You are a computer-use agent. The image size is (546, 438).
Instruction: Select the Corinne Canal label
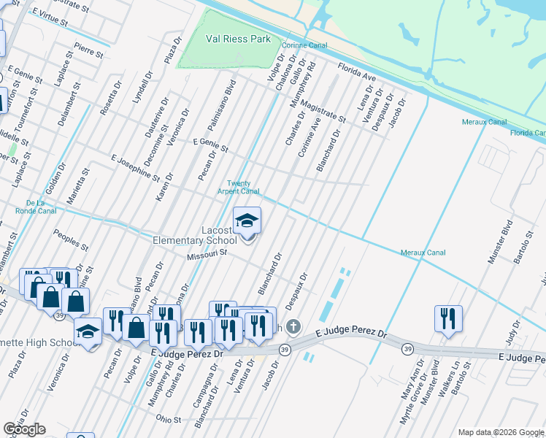point(307,45)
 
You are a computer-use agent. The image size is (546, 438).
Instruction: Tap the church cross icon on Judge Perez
point(293,326)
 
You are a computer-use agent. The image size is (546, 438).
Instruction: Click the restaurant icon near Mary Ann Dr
point(448,318)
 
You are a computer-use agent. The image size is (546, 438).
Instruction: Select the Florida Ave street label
point(356,72)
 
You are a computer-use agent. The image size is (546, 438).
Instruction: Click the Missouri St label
point(207,255)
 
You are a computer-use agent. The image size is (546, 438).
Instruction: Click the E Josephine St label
point(135,167)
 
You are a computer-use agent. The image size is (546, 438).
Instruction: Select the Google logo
point(24,429)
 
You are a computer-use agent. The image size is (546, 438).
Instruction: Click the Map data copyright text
point(501,432)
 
